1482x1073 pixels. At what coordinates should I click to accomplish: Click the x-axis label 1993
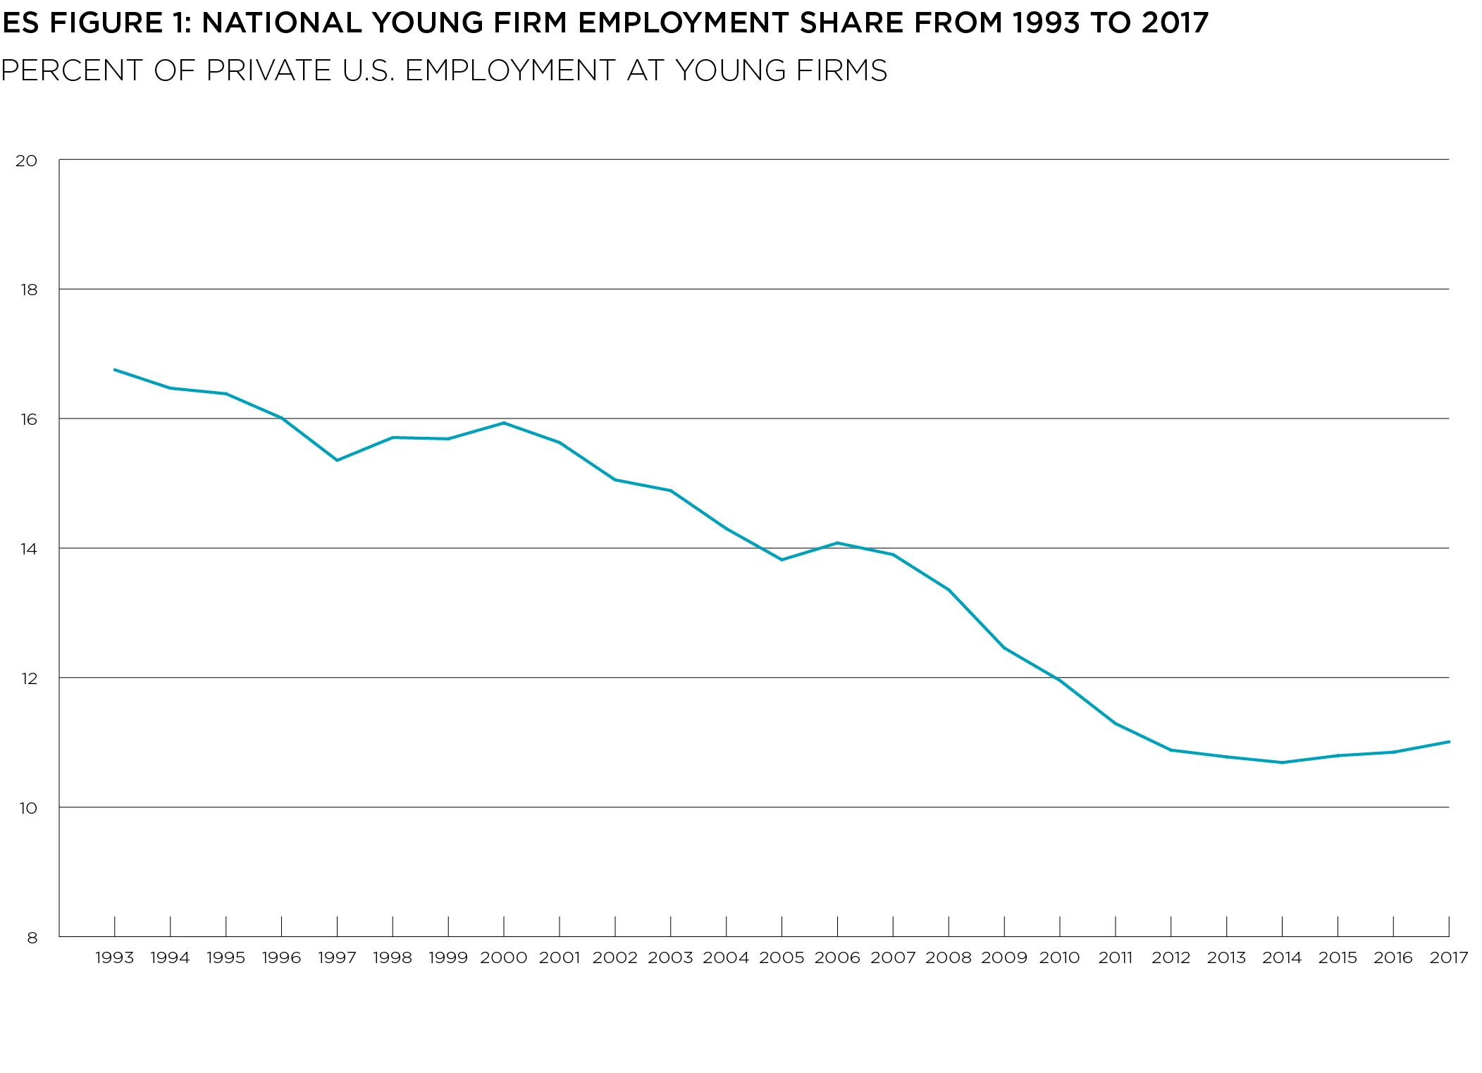[x=114, y=957]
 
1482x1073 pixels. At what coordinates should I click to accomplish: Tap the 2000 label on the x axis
[x=503, y=957]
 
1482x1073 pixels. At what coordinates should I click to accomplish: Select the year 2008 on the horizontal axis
[x=948, y=957]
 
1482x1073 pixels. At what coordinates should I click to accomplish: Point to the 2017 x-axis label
[x=1448, y=957]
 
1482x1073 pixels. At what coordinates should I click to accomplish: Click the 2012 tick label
[x=1171, y=957]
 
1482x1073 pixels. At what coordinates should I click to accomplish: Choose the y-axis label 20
[x=27, y=161]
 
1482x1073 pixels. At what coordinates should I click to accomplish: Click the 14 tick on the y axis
[x=28, y=549]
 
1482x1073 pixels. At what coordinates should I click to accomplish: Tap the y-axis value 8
[x=32, y=938]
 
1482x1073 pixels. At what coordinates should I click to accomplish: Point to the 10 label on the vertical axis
[x=28, y=808]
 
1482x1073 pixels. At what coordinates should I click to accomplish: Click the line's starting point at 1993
[x=114, y=369]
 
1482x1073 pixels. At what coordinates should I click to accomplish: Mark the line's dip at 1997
[x=337, y=460]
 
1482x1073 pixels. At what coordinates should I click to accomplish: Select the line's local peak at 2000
[x=503, y=423]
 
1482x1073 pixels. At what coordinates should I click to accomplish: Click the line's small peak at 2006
[x=837, y=542]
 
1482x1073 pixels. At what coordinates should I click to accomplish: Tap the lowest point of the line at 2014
[x=1282, y=762]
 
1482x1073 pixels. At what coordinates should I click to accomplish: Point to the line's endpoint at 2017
[x=1448, y=741]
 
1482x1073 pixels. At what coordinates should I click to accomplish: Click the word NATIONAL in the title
[x=281, y=23]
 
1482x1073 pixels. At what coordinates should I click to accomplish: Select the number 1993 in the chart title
[x=1045, y=23]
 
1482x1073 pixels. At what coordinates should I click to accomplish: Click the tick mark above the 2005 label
[x=782, y=926]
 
